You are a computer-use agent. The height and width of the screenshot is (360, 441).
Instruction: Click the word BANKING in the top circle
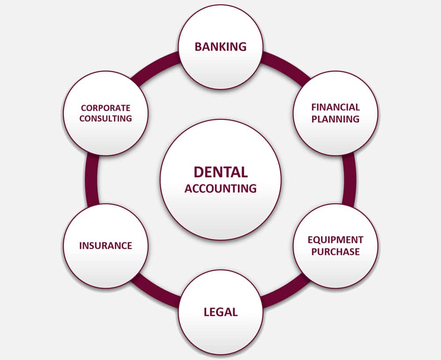click(220, 47)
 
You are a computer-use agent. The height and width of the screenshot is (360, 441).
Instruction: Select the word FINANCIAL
click(336, 107)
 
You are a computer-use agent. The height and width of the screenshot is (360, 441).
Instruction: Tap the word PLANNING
click(336, 119)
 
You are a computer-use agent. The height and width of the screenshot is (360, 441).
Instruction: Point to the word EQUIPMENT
click(336, 240)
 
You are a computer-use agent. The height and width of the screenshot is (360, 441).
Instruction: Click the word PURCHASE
click(336, 252)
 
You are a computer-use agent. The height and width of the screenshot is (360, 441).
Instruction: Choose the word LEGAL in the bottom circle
click(220, 312)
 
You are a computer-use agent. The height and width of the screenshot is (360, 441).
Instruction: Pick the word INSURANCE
click(105, 245)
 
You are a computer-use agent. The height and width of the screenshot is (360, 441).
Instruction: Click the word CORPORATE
click(105, 108)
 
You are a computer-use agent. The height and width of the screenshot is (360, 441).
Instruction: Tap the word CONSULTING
click(105, 119)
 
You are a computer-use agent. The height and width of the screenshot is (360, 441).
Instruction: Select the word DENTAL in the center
click(220, 172)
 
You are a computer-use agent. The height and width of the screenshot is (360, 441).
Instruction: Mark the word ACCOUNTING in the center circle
click(220, 189)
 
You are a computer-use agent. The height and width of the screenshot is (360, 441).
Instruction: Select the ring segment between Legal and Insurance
click(157, 293)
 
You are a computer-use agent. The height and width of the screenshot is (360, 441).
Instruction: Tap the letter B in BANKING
click(198, 47)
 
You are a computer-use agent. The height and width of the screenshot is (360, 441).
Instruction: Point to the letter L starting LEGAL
click(206, 312)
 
